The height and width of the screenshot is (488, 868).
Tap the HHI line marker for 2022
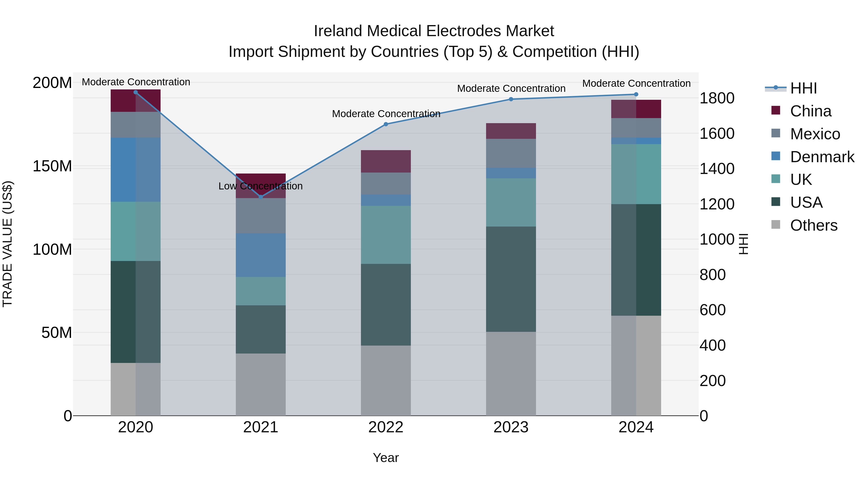click(x=386, y=124)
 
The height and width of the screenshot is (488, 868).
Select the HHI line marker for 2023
click(x=511, y=99)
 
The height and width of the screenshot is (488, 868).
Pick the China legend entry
click(x=810, y=111)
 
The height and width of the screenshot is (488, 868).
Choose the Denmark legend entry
click(x=822, y=157)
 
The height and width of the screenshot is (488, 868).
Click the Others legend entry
click(x=814, y=225)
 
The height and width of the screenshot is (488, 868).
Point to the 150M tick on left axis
click(x=52, y=166)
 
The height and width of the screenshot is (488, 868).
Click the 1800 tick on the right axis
click(x=717, y=98)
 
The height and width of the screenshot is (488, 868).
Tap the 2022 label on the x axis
click(x=386, y=427)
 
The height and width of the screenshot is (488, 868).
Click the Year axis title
click(x=386, y=458)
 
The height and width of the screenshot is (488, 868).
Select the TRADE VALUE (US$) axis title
click(x=8, y=244)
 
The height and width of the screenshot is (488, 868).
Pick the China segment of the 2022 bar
click(x=386, y=161)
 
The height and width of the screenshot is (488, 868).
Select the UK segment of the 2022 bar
click(x=386, y=234)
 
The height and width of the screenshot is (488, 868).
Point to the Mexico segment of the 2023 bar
click(x=511, y=153)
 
